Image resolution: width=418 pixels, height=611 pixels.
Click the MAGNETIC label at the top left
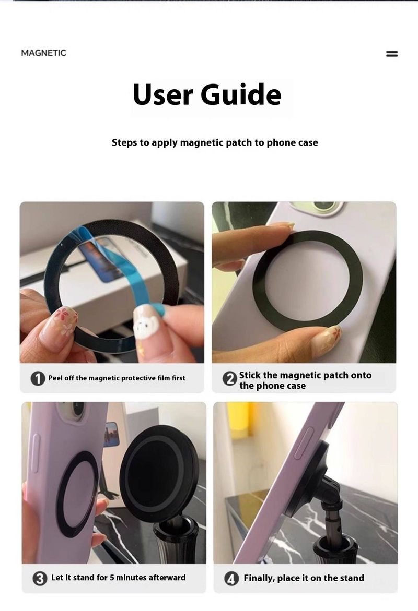tap(44, 53)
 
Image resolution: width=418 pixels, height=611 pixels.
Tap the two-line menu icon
tap(392, 54)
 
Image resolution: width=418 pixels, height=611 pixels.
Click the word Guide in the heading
tap(241, 94)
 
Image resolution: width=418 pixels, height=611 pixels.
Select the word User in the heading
tap(162, 95)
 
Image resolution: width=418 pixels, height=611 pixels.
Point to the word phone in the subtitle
tap(280, 143)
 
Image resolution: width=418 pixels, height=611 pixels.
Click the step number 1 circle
tap(38, 378)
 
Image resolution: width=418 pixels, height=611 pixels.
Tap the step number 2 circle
tap(229, 379)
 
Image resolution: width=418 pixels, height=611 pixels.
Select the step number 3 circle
tap(40, 579)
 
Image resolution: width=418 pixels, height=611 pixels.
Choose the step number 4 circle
tap(231, 579)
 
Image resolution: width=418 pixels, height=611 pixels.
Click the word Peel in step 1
tap(55, 378)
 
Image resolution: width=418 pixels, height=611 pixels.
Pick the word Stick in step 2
tap(250, 375)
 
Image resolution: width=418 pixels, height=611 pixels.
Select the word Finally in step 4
tap(259, 578)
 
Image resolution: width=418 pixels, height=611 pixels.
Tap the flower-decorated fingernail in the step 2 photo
tap(327, 339)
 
